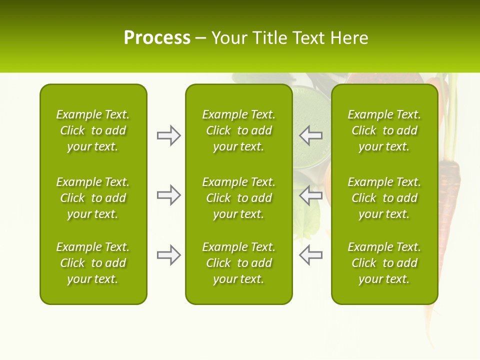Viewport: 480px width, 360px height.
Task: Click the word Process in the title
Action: (x=157, y=38)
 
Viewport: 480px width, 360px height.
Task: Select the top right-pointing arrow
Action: (x=168, y=135)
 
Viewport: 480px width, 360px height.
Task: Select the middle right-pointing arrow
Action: (x=168, y=195)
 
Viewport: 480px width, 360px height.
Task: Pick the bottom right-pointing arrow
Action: (x=168, y=255)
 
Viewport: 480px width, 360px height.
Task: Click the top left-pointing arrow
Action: (x=310, y=135)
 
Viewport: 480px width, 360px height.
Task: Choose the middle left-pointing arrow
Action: (x=310, y=195)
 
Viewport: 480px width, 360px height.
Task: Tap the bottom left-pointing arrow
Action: (x=310, y=255)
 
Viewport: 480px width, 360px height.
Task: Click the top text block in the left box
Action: (x=93, y=130)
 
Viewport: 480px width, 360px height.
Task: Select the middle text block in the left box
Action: (x=93, y=198)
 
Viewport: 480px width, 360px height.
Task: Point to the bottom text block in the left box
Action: (x=93, y=263)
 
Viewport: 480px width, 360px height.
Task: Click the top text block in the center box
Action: (x=238, y=130)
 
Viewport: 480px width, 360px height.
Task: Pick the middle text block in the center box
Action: (x=238, y=198)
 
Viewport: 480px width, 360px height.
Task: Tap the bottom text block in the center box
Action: (x=238, y=263)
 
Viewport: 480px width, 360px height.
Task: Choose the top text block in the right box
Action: (x=384, y=130)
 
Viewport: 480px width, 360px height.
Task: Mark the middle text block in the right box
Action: (x=384, y=198)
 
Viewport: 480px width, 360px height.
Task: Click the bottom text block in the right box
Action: (x=384, y=263)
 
